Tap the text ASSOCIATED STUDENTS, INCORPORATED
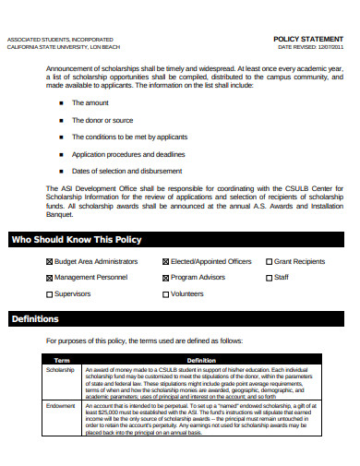tap(60, 40)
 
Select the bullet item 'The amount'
tap(90, 102)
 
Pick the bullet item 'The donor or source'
tap(102, 120)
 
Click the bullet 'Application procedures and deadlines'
tap(128, 154)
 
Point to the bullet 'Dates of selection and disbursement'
tap(126, 171)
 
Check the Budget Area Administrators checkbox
tap(49, 261)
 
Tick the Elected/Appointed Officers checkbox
tap(165, 261)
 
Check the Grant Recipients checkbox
tap(269, 261)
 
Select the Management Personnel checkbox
tap(49, 277)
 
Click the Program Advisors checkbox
tap(165, 277)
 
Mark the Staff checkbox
tap(269, 277)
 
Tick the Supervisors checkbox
tap(49, 294)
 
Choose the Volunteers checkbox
tap(165, 294)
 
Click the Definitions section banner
tap(35, 319)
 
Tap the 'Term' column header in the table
tap(63, 360)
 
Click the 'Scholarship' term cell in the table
tap(60, 370)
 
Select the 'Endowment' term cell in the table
tap(60, 405)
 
